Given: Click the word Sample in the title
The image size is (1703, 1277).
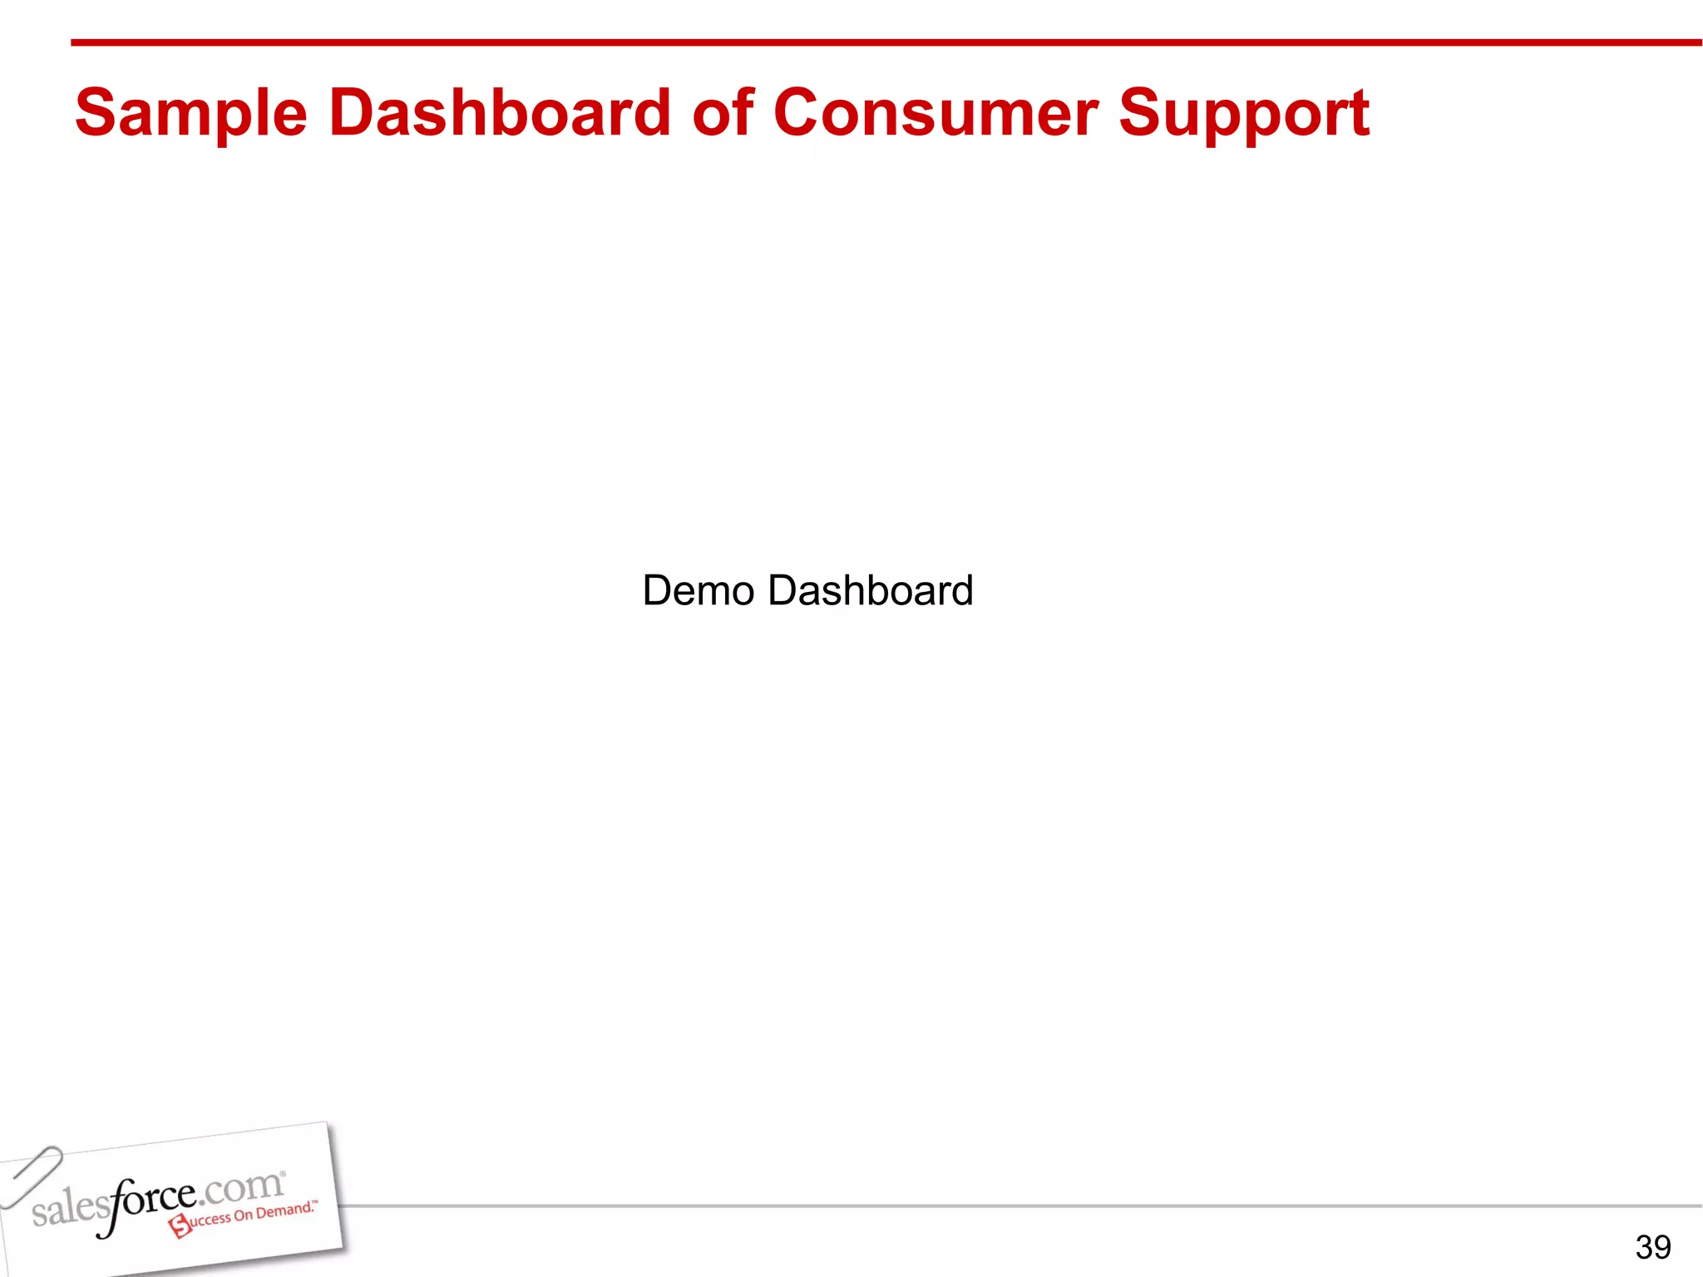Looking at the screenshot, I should click(191, 115).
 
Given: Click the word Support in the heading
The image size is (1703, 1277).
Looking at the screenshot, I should click(1243, 115).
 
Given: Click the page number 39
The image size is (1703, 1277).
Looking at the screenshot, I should click(1652, 1247).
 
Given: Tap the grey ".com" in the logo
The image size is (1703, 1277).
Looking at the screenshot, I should click(241, 1187).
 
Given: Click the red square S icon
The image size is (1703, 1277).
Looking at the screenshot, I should click(180, 1225).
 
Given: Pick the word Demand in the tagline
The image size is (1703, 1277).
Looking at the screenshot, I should click(284, 1210).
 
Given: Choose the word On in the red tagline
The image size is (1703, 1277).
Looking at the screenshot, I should click(243, 1215).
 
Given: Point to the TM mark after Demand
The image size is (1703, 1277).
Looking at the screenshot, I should click(315, 1202).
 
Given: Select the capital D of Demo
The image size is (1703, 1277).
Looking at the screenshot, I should click(659, 591).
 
